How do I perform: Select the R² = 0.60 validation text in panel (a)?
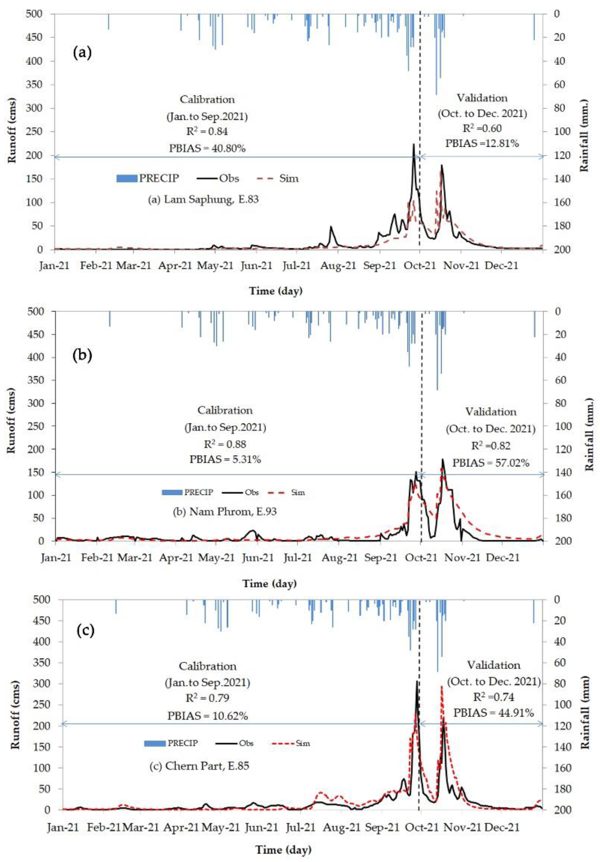[482, 128]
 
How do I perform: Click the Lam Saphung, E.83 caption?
[203, 199]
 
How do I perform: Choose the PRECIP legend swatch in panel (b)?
[172, 492]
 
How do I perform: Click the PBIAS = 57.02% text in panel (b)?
[490, 463]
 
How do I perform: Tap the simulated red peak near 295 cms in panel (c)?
[442, 687]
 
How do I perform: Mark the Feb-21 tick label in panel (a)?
[97, 266]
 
